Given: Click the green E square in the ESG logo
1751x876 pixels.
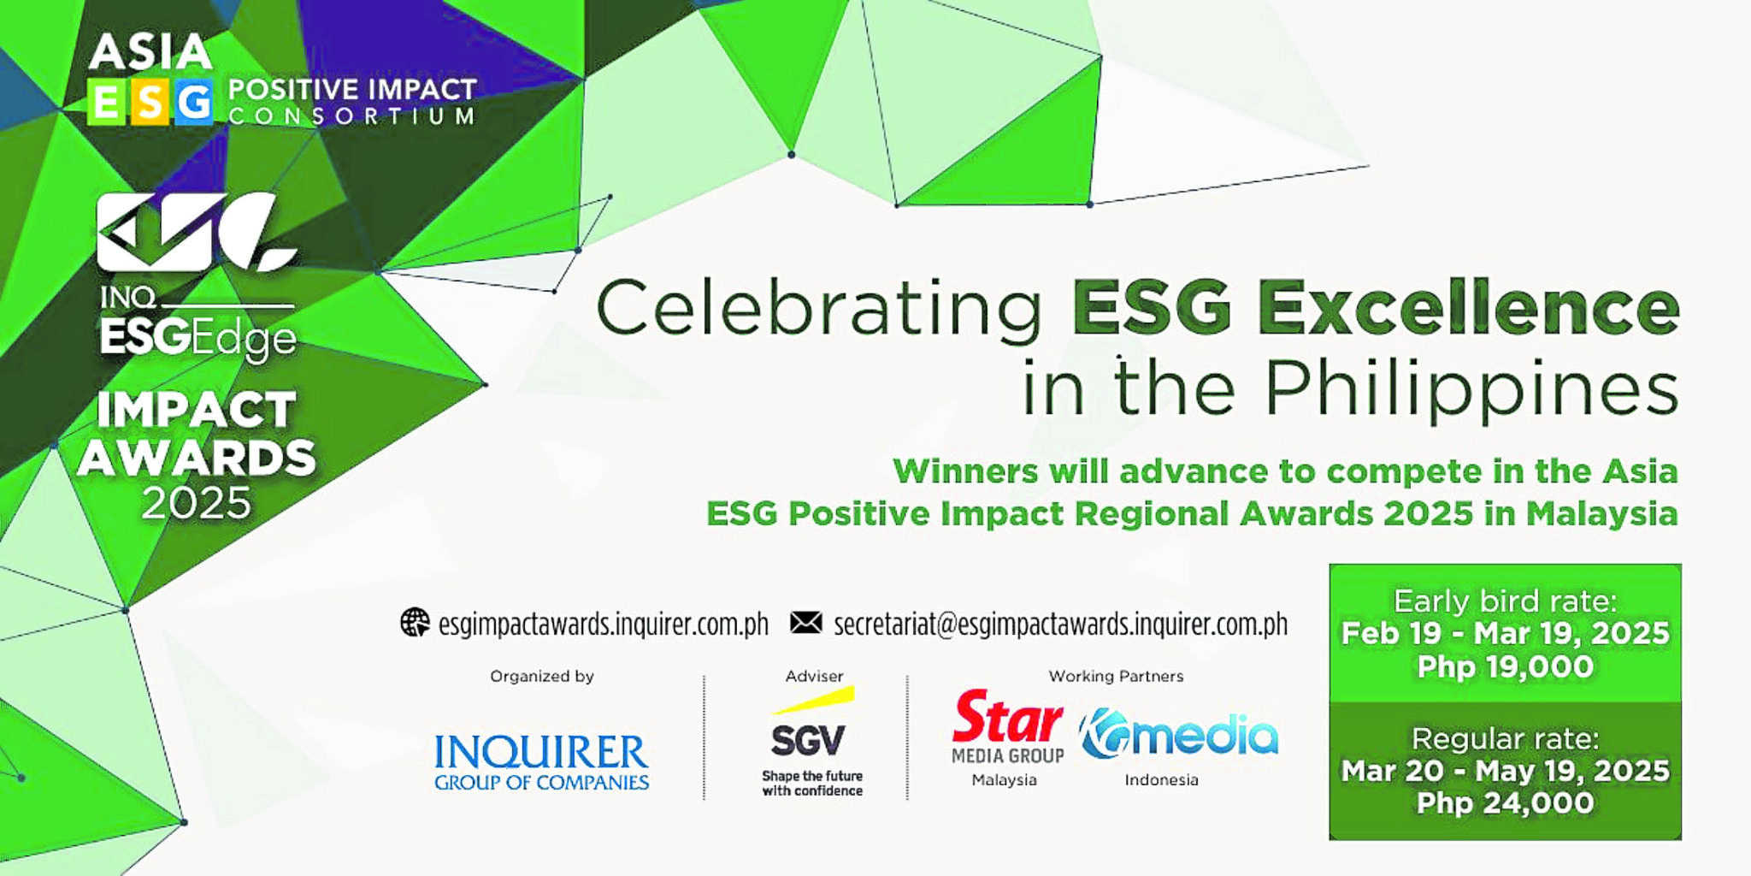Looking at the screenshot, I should click(107, 103).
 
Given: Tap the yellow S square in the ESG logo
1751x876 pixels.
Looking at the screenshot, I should click(150, 103).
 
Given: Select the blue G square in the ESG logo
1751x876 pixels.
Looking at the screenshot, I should click(194, 103).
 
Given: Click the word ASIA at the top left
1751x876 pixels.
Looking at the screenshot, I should click(150, 53).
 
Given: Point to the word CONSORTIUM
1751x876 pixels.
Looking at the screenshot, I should click(351, 116).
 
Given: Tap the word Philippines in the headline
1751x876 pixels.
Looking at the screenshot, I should click(1471, 388).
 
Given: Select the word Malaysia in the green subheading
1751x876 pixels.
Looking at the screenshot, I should click(1601, 514).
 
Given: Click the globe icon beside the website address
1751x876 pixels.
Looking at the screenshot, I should click(415, 623).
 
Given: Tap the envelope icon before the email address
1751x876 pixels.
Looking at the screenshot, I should click(805, 623).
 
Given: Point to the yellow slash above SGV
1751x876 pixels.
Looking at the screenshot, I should click(813, 701).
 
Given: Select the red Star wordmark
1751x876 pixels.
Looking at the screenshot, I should click(1007, 718).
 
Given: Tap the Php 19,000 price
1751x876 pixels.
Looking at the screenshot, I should click(1505, 666).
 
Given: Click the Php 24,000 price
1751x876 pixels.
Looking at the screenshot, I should click(1505, 802).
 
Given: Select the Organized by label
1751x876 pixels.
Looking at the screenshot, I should click(541, 676).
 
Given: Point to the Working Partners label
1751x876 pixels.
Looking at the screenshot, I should click(1116, 676).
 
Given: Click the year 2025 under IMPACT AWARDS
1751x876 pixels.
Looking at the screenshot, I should click(196, 503).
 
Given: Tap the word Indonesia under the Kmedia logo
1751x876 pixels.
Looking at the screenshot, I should click(1161, 779).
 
